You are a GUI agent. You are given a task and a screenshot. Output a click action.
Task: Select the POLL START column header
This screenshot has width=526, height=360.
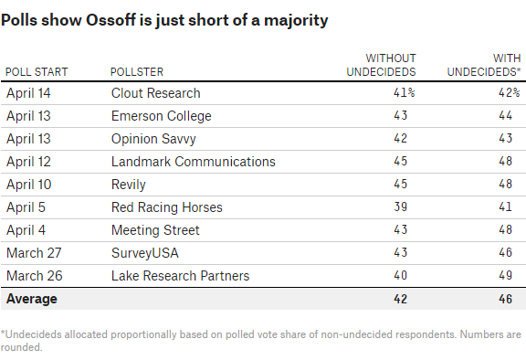coord(37,71)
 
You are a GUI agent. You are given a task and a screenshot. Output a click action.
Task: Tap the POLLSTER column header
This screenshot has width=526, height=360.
coord(137,71)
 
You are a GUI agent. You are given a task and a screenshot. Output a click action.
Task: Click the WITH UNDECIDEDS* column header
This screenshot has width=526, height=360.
coord(483,64)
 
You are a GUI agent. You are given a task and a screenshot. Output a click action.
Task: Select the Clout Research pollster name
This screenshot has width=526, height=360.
coord(155,93)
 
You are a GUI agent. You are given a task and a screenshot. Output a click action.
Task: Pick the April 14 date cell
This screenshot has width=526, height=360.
coord(28,93)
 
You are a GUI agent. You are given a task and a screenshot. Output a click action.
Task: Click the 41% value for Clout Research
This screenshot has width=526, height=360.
coord(405,93)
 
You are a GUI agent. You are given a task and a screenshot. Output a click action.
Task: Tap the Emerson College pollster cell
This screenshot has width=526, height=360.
coord(161,116)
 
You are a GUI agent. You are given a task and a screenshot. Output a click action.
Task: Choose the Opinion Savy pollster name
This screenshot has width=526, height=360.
coord(153,139)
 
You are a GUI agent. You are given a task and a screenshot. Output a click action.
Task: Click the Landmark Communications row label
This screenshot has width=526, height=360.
coord(193,162)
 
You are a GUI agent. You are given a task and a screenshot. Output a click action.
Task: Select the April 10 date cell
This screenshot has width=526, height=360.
coord(28,185)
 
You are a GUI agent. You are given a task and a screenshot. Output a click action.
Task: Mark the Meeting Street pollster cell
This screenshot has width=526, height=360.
coord(154,230)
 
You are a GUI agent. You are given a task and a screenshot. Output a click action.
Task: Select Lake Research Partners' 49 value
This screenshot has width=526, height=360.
coord(513,276)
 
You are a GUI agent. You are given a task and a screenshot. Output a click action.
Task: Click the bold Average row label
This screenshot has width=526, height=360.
coord(32,299)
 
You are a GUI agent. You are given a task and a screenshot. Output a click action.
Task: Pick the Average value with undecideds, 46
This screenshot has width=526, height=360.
coord(513,299)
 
